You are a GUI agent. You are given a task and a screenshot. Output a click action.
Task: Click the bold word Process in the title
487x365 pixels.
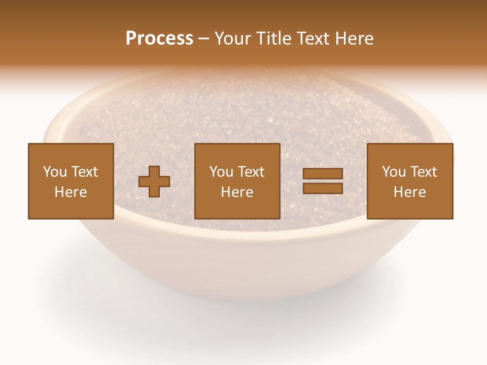[159, 39]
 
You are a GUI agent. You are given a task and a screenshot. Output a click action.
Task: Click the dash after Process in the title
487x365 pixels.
[204, 39]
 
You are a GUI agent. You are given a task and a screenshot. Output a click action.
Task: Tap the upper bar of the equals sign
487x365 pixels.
[323, 174]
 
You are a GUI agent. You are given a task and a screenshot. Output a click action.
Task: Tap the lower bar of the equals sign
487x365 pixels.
[323, 188]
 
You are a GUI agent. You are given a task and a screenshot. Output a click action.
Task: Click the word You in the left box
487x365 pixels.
[55, 172]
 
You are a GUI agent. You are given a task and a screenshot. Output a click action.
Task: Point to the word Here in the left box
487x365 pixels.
[71, 192]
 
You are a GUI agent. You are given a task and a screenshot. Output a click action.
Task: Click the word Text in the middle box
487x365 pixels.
[251, 172]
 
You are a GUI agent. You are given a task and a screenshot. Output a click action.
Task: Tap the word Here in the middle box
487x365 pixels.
[237, 192]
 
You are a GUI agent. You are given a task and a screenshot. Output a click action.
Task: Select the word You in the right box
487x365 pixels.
[394, 172]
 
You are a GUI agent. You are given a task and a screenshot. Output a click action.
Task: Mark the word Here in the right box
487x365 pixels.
[409, 192]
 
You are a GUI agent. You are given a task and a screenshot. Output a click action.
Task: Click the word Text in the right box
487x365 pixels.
[423, 172]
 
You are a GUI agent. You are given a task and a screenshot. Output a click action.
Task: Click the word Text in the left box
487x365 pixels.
[84, 172]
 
